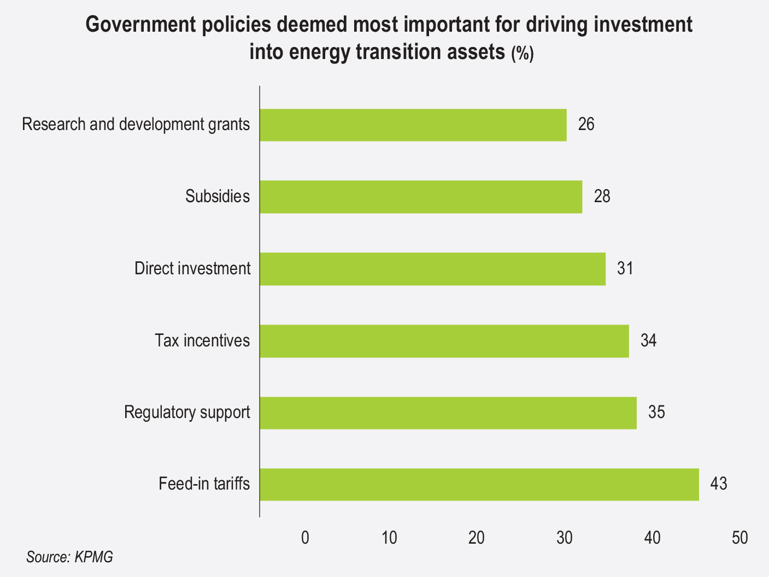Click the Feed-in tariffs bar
point(479,485)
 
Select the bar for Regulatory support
point(448,413)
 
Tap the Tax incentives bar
point(444,341)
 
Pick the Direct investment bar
point(432,269)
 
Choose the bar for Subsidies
point(420,197)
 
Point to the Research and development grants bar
point(413,125)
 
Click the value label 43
point(719,484)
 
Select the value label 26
point(586,125)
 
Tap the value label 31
point(625,268)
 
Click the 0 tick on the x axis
point(305,538)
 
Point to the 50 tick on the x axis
point(739,538)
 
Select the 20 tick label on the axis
point(477,538)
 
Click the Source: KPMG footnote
point(69,558)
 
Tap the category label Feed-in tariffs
point(204,484)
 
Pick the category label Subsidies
point(218,196)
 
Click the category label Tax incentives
point(202,340)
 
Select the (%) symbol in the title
point(522,54)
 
